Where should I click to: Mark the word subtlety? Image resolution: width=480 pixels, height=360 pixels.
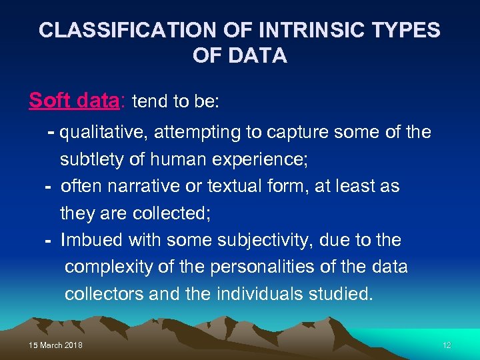[91, 160]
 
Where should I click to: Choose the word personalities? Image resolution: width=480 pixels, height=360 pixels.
[263, 267]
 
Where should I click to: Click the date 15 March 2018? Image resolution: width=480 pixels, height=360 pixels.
[56, 345]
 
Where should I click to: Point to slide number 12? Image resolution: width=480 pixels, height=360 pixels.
[446, 345]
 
